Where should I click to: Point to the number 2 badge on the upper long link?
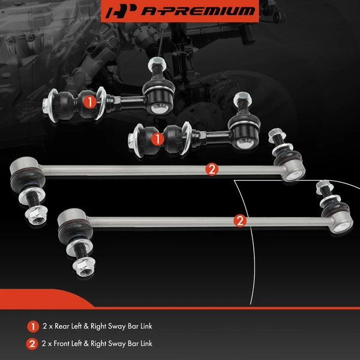pos(211,169)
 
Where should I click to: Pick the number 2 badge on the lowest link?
pos(239,221)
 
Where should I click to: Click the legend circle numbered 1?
pos(32,327)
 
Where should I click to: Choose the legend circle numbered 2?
pos(32,344)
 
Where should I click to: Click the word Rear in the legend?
pos(62,327)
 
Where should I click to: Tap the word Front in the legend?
pos(63,344)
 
